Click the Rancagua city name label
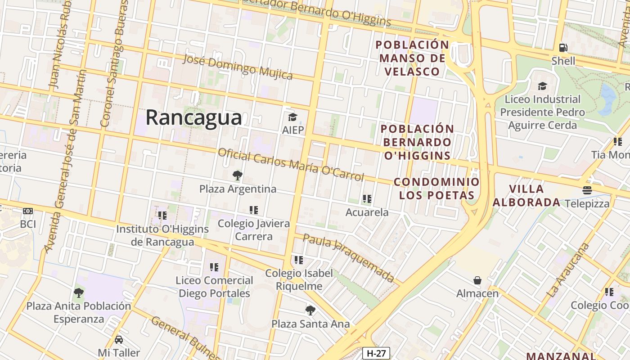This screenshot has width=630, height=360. (x=193, y=118)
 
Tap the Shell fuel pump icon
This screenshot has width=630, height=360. (x=563, y=48)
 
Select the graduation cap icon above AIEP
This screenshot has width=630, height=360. (x=292, y=118)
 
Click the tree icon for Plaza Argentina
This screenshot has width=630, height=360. (x=238, y=175)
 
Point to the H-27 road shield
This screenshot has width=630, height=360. (x=376, y=353)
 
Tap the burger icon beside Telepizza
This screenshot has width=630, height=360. (x=587, y=190)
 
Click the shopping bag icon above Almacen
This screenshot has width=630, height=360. (x=477, y=281)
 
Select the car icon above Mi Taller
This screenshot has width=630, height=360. (x=119, y=339)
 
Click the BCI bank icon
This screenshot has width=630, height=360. (x=28, y=211)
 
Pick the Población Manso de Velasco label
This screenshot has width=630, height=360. (x=412, y=58)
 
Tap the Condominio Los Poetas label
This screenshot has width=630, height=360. (x=436, y=189)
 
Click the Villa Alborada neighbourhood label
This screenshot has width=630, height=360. (x=526, y=196)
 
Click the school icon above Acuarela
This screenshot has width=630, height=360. (x=367, y=199)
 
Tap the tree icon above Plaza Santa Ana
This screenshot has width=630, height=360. (x=310, y=310)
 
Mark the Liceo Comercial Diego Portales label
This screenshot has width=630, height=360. (x=214, y=287)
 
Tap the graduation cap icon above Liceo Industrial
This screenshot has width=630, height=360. (x=542, y=86)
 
